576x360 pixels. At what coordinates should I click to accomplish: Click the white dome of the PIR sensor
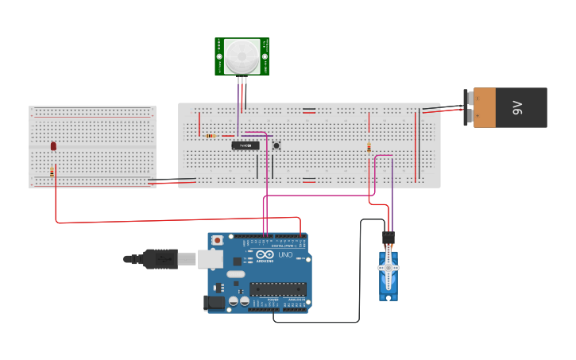click(242, 56)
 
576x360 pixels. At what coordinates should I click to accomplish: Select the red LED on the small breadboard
click(53, 145)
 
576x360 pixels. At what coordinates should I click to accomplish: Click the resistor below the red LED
click(52, 172)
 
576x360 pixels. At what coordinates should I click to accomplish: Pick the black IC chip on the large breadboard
click(245, 145)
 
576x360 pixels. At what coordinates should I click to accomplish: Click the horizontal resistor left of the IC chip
click(210, 136)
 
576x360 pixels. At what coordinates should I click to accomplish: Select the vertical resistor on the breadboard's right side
click(369, 147)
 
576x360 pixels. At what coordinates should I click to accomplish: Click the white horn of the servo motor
click(389, 269)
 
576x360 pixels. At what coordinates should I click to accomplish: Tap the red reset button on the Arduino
click(218, 240)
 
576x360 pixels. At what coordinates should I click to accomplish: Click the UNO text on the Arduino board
click(285, 255)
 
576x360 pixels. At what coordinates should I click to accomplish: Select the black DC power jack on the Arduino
click(213, 302)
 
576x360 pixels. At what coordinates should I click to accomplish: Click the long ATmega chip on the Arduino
click(277, 289)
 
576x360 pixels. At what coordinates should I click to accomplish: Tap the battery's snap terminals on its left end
click(469, 107)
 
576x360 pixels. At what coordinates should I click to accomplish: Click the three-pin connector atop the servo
click(388, 238)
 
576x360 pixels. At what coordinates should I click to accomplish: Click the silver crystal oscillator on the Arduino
click(236, 274)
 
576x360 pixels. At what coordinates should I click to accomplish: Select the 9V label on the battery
click(517, 108)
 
